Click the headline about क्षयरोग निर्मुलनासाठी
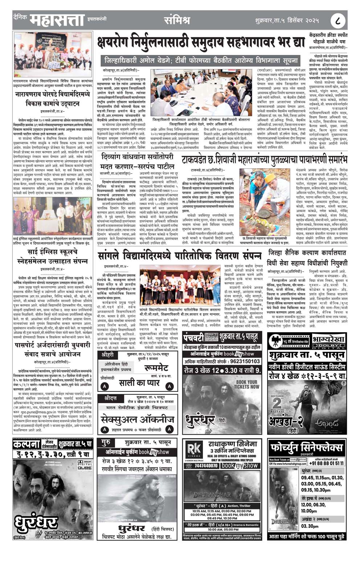coord(201,43)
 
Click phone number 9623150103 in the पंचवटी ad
coord(243,361)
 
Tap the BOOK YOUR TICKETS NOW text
coord(246,385)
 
